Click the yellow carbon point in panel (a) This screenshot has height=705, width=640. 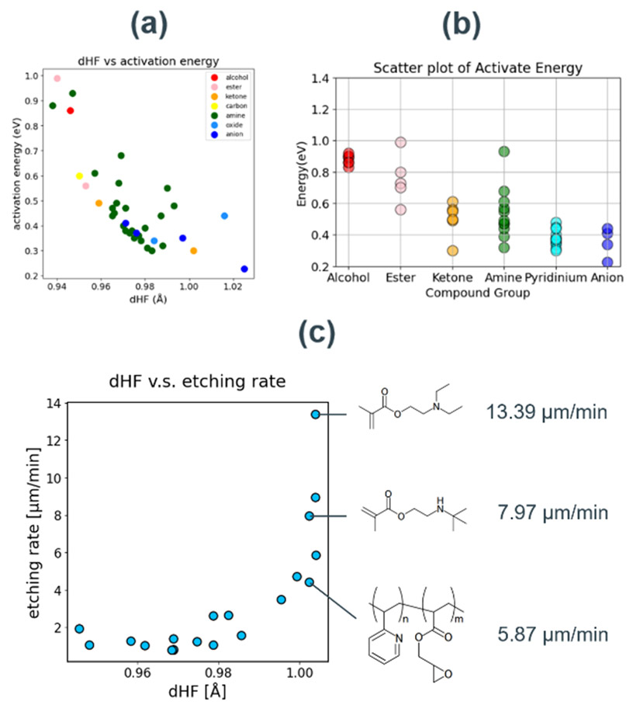click(x=79, y=176)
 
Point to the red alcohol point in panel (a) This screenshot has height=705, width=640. click(x=71, y=111)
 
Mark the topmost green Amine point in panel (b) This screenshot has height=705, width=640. click(x=503, y=151)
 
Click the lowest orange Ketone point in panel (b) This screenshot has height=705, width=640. click(x=452, y=250)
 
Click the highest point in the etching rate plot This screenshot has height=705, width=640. click(x=316, y=415)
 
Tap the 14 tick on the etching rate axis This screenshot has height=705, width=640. click(x=51, y=403)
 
